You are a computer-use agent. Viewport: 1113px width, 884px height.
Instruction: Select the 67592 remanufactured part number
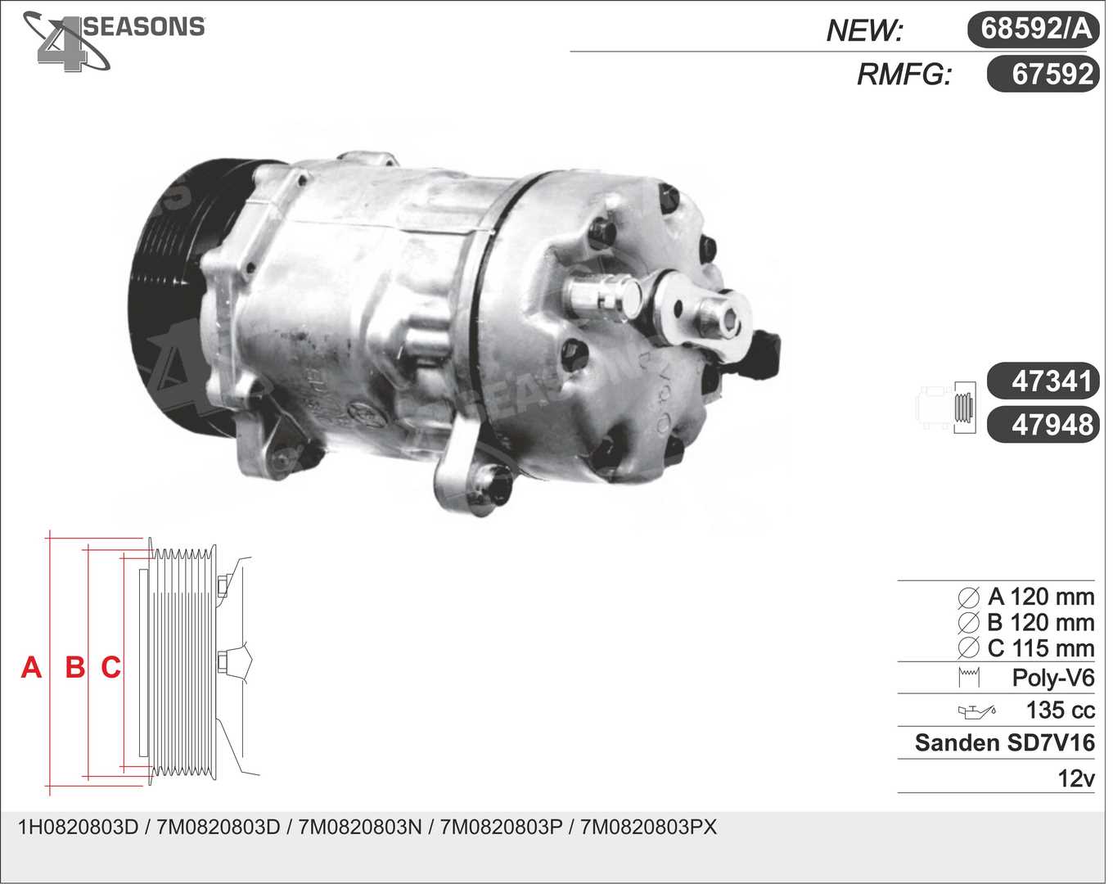[1043, 74]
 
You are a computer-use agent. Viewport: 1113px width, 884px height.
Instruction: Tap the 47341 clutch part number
[1043, 381]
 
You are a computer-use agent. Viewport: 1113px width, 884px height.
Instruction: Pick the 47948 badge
[1043, 424]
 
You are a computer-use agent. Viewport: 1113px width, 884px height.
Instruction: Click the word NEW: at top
[864, 30]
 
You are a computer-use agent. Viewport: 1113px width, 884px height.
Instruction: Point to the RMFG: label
[903, 74]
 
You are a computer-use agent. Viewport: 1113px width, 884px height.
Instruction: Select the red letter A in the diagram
[31, 667]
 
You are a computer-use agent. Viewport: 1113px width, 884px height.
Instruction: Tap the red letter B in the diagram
[75, 667]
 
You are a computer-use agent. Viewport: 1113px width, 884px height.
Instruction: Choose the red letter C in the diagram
[110, 667]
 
